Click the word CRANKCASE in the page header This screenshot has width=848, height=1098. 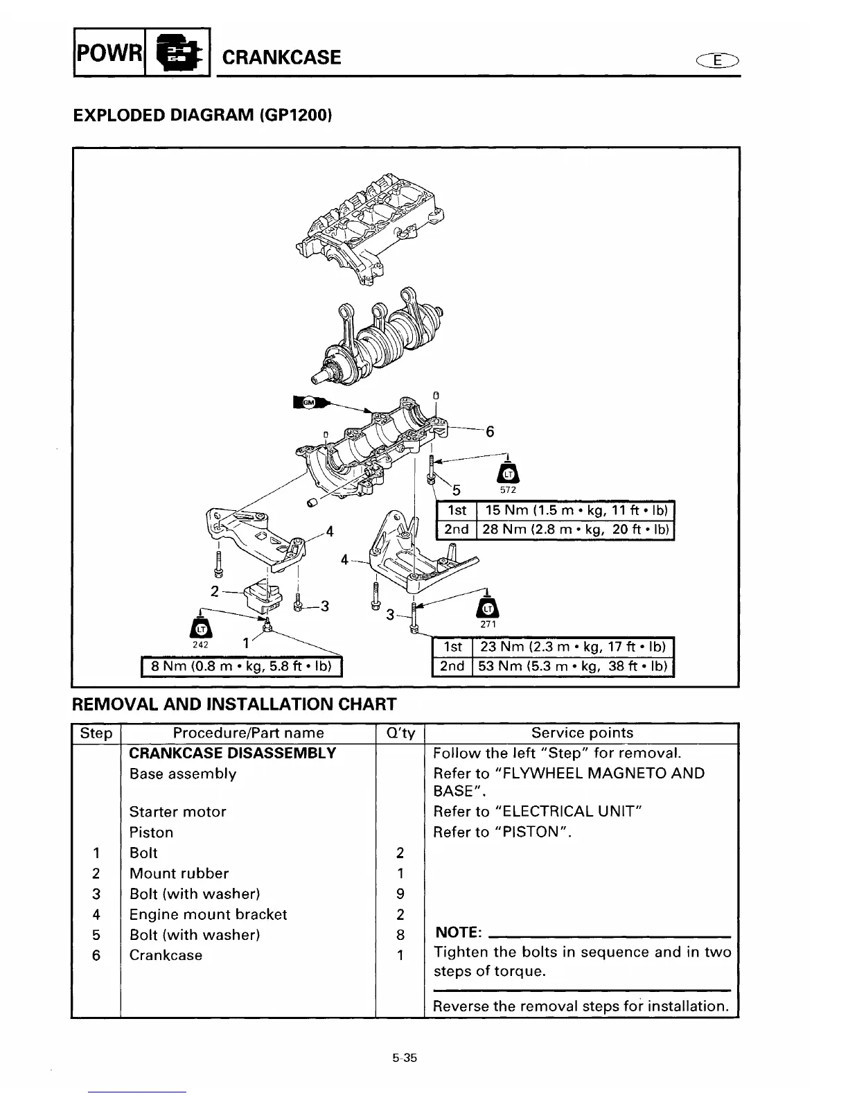[x=281, y=57]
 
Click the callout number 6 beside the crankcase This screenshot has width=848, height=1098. [x=490, y=432]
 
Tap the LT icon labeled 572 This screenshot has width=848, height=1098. [x=509, y=473]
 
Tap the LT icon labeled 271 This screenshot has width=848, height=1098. [x=488, y=608]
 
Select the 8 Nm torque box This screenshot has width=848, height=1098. [x=242, y=667]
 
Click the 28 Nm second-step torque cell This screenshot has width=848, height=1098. [x=574, y=530]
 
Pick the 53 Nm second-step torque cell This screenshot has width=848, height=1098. [x=573, y=666]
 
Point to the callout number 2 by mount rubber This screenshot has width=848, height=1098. [x=215, y=591]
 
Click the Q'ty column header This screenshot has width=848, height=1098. [x=400, y=733]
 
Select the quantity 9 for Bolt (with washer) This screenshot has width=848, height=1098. [x=400, y=894]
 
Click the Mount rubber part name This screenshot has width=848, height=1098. [x=179, y=873]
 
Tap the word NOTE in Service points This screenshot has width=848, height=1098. [x=458, y=933]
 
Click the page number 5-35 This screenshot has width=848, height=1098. [x=404, y=1058]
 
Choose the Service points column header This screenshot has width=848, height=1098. [x=582, y=733]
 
